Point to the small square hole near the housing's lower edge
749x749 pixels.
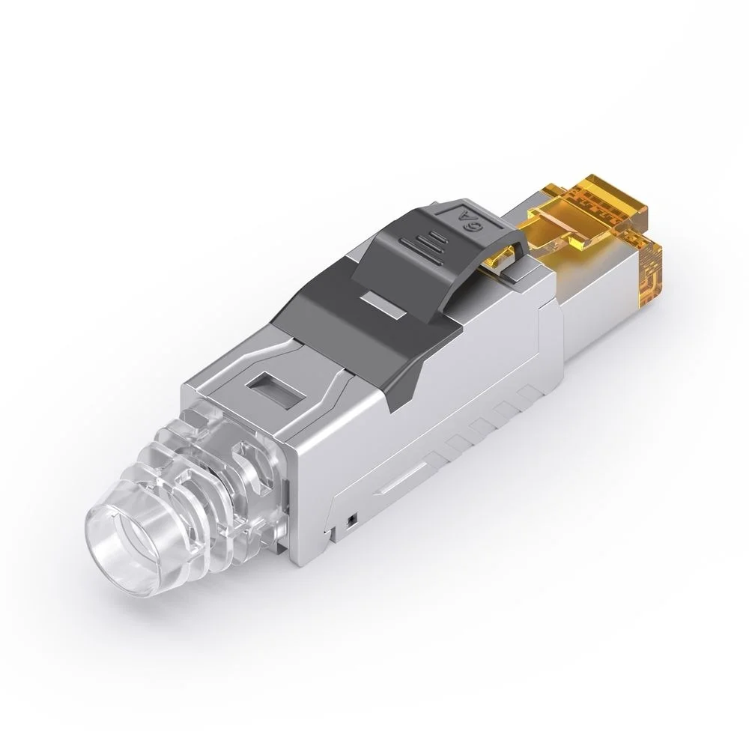click(349, 518)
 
